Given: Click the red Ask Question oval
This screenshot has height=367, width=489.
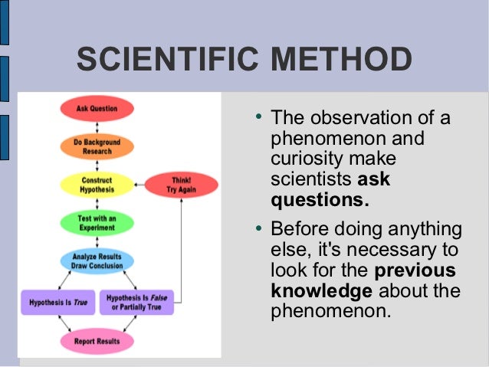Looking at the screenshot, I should tap(97, 109).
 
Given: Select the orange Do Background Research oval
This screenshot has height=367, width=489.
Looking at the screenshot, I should tap(97, 146).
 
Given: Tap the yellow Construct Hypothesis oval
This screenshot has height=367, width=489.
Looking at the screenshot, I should tap(97, 185).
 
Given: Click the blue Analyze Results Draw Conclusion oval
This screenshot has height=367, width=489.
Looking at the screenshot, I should tap(97, 261).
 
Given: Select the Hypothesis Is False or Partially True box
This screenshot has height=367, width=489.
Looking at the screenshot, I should tap(137, 302).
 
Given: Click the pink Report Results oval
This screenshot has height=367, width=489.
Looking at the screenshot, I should tap(97, 341).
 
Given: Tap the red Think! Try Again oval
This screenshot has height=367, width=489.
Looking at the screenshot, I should tap(182, 185).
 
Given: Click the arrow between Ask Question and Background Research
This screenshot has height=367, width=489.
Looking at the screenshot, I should tap(97, 127).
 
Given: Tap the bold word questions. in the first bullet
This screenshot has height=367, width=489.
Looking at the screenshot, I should tap(320, 201).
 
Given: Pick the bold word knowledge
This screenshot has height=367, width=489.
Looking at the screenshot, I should tap(321, 291).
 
